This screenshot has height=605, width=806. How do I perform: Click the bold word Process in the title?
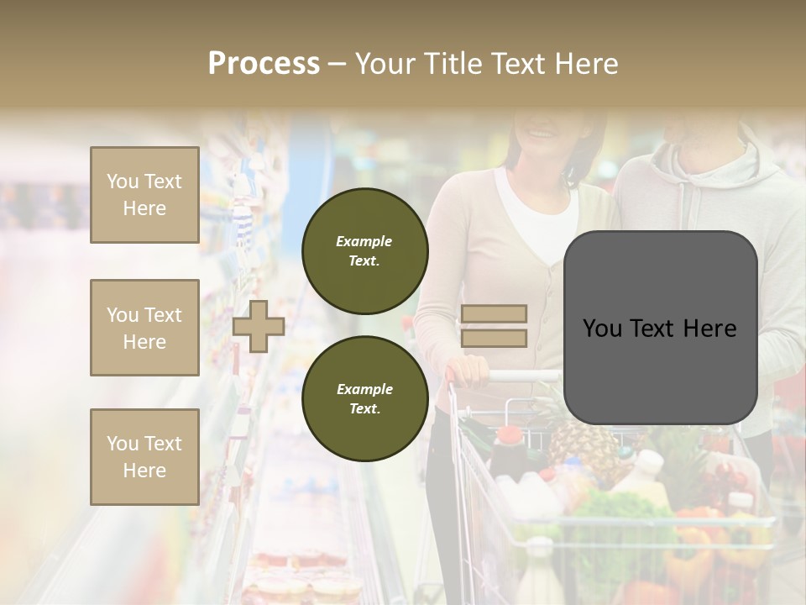pyautogui.click(x=264, y=63)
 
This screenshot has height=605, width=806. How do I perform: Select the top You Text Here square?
pyautogui.click(x=144, y=195)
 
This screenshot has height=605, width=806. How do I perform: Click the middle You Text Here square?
pyautogui.click(x=144, y=328)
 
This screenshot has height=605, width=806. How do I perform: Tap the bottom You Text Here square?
pyautogui.click(x=144, y=456)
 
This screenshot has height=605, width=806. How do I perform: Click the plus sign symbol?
pyautogui.click(x=258, y=326)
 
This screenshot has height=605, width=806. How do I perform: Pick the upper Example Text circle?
pyautogui.click(x=364, y=250)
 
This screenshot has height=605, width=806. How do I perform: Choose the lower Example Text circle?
pyautogui.click(x=364, y=398)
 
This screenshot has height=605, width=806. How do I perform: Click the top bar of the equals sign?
pyautogui.click(x=494, y=313)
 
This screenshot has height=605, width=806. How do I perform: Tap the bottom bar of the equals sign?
pyautogui.click(x=494, y=339)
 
